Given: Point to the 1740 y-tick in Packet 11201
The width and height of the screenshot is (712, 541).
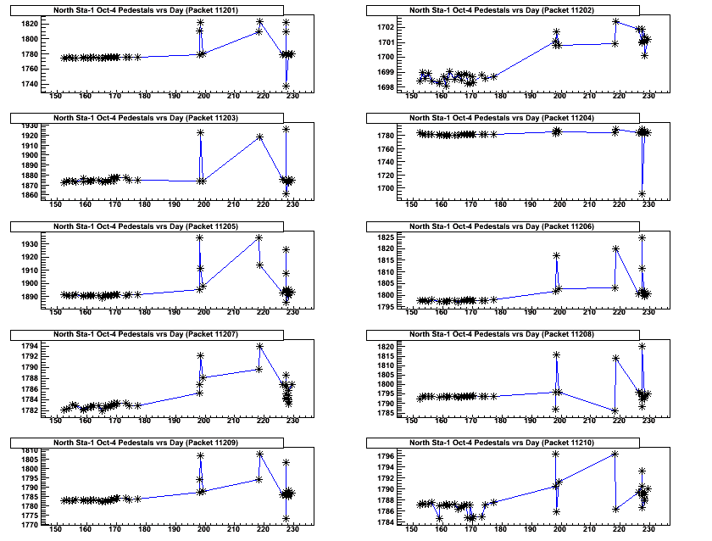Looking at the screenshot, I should pos(31,84).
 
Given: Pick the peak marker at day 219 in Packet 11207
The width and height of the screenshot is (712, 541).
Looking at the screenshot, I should pos(259,346).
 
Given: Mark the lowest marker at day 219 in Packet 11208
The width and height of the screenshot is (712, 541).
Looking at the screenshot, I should pos(615,411).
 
